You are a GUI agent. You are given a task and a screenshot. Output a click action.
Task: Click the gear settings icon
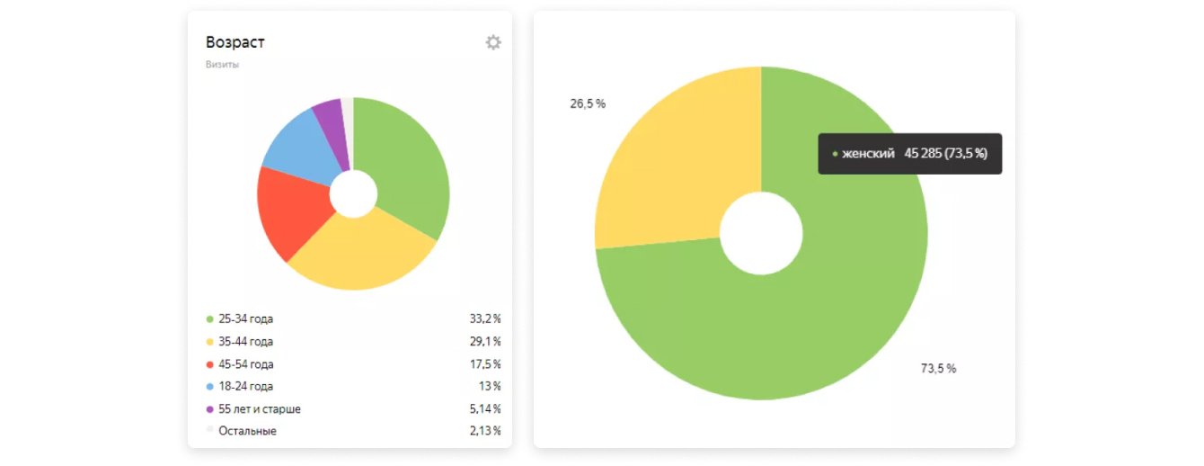click(493, 42)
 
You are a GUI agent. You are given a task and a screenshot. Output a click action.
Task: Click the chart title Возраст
click(235, 42)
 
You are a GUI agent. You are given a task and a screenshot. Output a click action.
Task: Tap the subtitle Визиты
click(222, 65)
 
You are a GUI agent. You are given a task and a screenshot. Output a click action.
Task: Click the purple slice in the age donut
click(329, 116)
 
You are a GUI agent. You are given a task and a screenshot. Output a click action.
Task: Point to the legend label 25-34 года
click(245, 318)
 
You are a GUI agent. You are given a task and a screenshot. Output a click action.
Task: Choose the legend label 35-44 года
click(245, 342)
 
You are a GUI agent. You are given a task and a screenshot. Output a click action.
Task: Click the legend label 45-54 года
click(245, 364)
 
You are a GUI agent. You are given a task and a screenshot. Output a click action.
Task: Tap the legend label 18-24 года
click(245, 387)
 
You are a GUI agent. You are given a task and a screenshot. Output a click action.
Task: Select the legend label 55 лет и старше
click(260, 409)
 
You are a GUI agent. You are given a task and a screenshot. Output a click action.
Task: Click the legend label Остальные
click(247, 431)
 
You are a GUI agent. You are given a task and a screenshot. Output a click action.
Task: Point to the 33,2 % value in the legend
click(485, 318)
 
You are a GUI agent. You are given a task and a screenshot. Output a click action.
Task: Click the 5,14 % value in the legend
click(485, 409)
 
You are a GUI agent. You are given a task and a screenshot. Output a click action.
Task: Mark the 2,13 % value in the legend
click(485, 431)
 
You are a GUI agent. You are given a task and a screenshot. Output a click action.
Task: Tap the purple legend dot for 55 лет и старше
click(210, 409)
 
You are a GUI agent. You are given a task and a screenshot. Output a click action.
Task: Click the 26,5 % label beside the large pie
click(588, 103)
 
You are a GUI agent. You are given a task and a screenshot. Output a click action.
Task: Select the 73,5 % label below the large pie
click(938, 369)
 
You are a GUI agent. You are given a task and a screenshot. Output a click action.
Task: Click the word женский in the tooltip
click(868, 154)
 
